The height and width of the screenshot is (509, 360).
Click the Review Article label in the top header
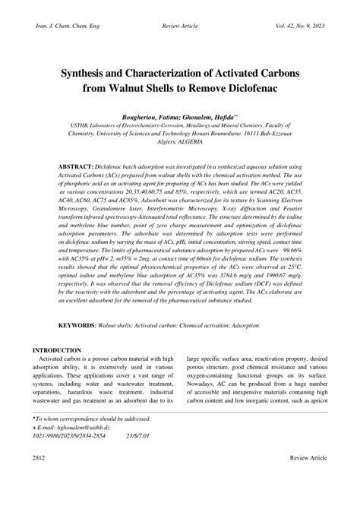tap(181, 27)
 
